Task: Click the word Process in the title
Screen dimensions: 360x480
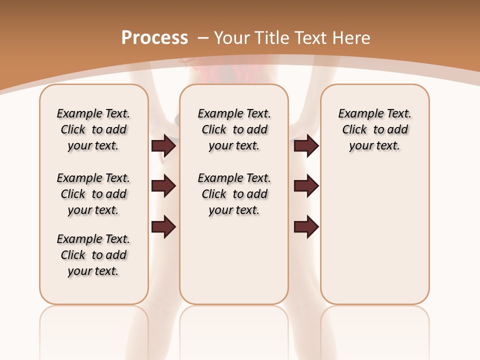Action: [x=154, y=37]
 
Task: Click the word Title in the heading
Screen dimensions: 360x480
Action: [x=272, y=37]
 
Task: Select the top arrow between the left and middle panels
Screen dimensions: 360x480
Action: [x=163, y=145]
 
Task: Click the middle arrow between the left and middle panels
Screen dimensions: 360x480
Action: [x=163, y=186]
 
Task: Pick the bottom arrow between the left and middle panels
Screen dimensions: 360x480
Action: [x=163, y=226]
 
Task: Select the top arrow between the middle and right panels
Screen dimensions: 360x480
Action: [x=306, y=145]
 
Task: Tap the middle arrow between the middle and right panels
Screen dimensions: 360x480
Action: [x=306, y=186]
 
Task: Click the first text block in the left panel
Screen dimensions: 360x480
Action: [x=93, y=129]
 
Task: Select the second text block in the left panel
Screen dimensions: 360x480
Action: [x=93, y=194]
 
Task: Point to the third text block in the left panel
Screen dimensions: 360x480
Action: [x=93, y=255]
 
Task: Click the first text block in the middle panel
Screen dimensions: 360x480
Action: [x=234, y=129]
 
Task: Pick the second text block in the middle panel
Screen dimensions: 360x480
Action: [x=234, y=194]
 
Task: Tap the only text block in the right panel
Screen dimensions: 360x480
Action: [x=374, y=129]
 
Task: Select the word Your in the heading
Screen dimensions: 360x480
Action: [x=232, y=37]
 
